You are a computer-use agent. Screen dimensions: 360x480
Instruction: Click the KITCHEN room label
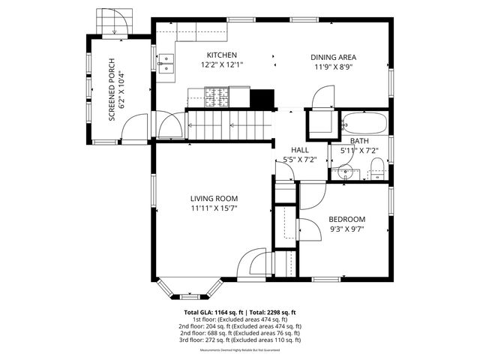pos(222,55)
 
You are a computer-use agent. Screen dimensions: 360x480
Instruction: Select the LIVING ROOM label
pos(214,199)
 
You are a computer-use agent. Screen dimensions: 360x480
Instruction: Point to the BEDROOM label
pos(346,219)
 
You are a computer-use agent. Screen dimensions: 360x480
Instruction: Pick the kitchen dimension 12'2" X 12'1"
pos(222,65)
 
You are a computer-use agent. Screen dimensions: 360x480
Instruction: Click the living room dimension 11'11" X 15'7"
pos(214,208)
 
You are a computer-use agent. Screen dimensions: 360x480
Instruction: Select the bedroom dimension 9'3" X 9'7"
pos(346,229)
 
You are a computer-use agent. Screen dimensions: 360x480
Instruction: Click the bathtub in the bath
pos(364,122)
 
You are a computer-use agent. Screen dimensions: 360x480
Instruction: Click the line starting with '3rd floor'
pos(240,340)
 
